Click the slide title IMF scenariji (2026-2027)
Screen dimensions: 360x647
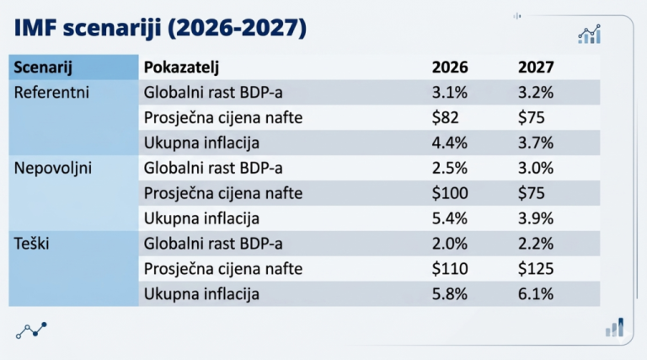point(160,28)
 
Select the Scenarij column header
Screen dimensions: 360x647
point(43,67)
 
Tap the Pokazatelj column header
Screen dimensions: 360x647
point(187,67)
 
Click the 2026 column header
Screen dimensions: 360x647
point(450,67)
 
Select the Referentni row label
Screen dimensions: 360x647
point(52,93)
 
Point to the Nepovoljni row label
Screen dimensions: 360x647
point(54,168)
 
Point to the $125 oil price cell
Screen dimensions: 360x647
point(536,269)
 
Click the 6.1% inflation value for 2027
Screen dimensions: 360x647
point(536,294)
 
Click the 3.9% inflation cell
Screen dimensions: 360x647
point(536,218)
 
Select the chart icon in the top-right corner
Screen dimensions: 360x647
point(589,34)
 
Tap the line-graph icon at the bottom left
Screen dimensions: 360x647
point(31,330)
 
